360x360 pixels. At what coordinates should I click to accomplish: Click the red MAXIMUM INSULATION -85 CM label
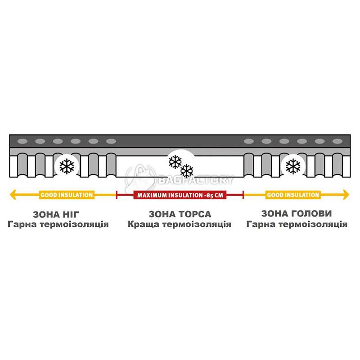[180, 195]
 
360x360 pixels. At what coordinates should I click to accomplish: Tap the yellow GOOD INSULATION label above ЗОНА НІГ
[67, 195]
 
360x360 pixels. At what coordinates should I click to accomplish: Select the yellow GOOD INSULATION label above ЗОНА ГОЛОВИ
[293, 195]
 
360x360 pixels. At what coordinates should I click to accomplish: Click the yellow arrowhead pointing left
[13, 195]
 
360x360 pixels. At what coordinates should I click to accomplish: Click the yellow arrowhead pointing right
[346, 195]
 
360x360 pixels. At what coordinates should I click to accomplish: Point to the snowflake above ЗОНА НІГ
[67, 166]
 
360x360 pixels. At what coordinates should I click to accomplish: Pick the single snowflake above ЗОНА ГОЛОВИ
[293, 166]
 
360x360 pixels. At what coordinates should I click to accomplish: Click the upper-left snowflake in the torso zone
[175, 162]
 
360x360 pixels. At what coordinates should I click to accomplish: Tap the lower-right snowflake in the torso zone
[187, 171]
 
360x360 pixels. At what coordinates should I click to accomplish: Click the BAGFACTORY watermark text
[196, 180]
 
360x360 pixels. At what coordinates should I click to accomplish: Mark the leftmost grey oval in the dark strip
[22, 141]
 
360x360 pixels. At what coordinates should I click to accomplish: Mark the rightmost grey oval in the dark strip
[337, 141]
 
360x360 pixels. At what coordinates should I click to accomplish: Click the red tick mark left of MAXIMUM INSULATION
[117, 195]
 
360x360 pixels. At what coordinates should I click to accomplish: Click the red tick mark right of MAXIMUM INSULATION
[243, 195]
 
